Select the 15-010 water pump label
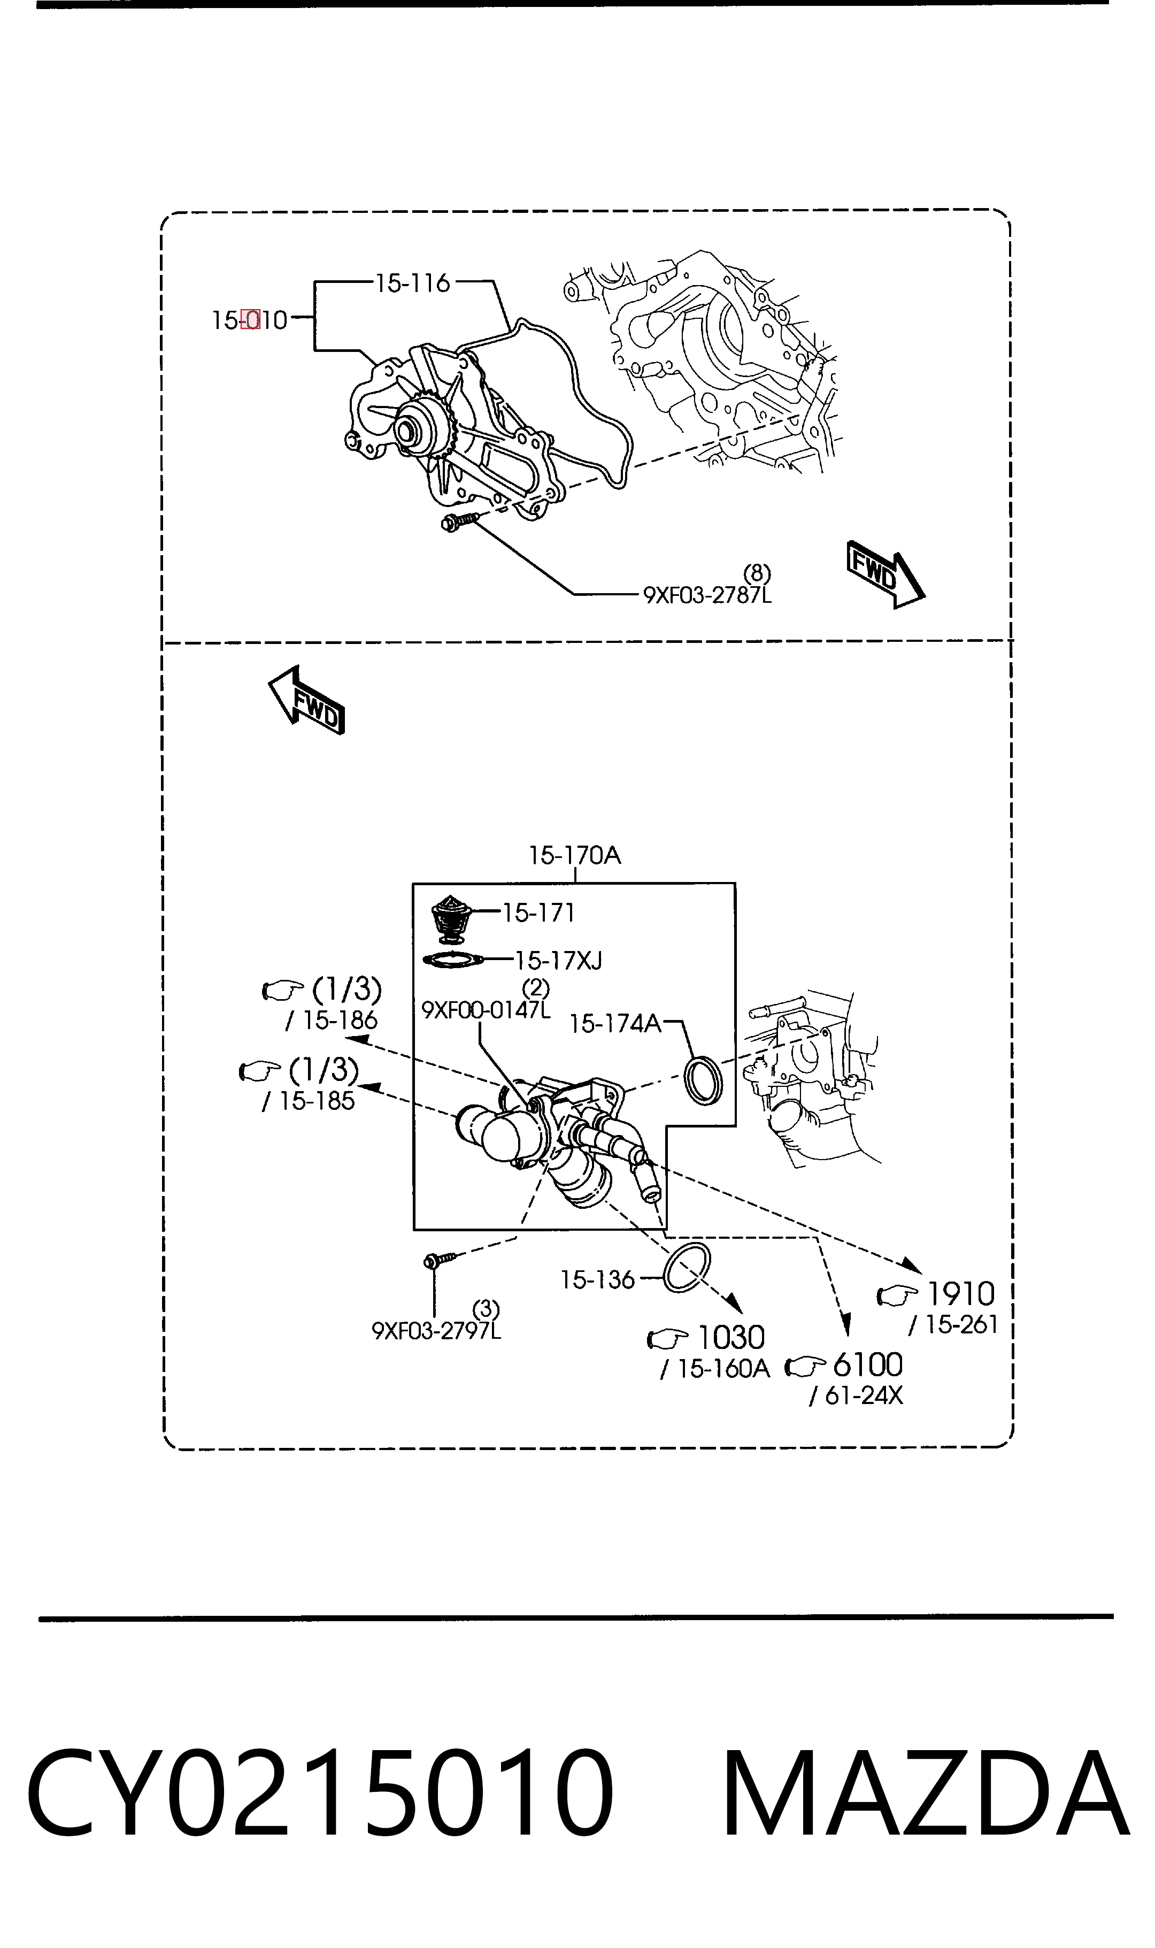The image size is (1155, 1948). coord(250,320)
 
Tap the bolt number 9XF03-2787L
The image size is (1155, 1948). coord(707,595)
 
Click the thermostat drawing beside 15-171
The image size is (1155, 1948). coord(451,919)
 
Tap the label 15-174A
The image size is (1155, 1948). coord(615,1023)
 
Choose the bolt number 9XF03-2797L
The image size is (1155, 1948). coord(436,1332)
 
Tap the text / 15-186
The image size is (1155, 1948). coord(331,1021)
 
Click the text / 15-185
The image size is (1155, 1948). coord(308,1101)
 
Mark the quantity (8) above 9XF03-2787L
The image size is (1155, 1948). coord(757,573)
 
